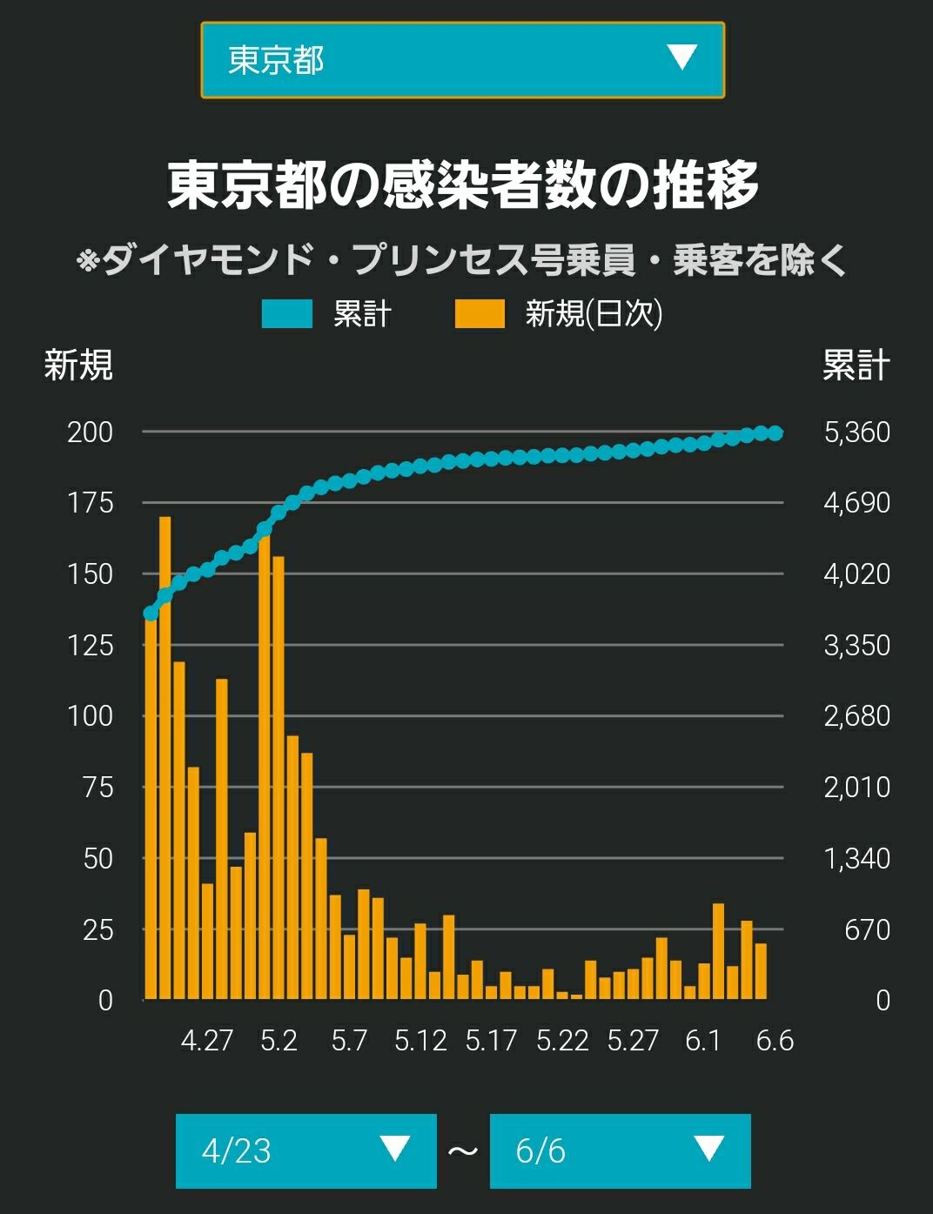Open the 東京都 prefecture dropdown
463,60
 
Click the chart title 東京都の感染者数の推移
463,185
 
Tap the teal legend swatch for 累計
287,313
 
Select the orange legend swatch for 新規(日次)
480,313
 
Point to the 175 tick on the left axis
91,503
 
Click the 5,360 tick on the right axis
857,433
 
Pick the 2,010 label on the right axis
857,788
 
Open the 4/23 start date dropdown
306,1151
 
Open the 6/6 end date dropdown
621,1151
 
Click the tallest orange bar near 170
164,758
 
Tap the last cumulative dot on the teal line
775,433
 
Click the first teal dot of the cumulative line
151,614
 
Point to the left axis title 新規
79,366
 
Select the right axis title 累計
856,366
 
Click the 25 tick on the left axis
98,931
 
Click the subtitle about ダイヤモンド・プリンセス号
462,260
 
